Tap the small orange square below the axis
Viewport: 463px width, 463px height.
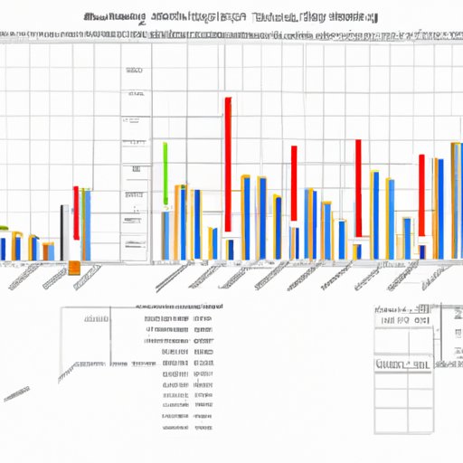[74, 268]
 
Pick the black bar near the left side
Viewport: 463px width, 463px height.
[62, 231]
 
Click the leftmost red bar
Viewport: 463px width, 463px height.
[76, 213]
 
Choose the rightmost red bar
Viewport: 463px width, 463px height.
[421, 194]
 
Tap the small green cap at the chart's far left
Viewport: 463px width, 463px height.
[5, 227]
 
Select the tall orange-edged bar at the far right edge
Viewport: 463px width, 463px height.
[456, 199]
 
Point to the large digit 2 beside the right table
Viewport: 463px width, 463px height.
[458, 313]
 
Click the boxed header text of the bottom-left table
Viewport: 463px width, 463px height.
[94, 318]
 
